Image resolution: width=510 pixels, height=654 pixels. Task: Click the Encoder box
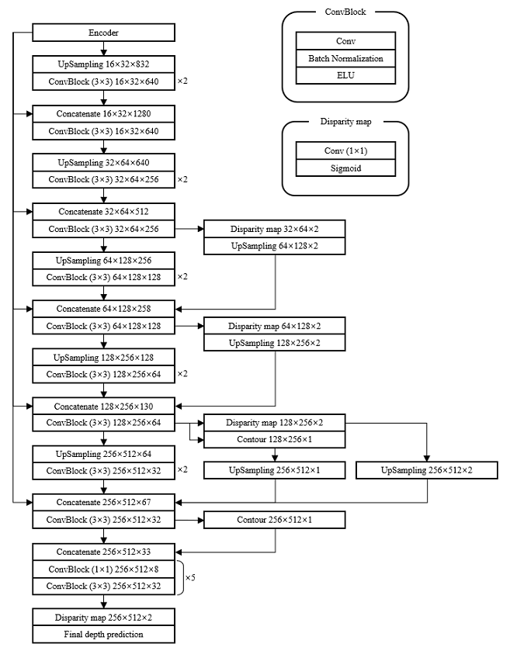[103, 33]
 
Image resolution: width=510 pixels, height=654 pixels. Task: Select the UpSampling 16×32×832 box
[103, 64]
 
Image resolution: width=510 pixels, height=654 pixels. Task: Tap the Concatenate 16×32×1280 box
[103, 114]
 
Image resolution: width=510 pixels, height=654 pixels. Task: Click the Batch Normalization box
[346, 58]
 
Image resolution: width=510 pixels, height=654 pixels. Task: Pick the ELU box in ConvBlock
[346, 75]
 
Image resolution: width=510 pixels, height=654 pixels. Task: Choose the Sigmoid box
[346, 168]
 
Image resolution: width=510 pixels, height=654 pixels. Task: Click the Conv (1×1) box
[346, 151]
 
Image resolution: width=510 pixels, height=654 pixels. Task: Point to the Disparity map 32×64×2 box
[274, 230]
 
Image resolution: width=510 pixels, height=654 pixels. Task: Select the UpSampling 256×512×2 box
[426, 470]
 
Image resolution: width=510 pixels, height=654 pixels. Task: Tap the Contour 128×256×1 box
[274, 440]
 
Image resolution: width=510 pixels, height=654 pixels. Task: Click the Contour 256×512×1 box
[274, 520]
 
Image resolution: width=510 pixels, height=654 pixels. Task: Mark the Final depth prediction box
[103, 635]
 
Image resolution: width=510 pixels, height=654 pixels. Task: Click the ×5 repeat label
[190, 578]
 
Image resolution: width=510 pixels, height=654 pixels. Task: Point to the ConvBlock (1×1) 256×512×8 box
[103, 569]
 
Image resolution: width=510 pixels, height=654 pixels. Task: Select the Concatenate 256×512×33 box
[103, 552]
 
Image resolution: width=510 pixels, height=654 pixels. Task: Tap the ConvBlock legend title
[345, 12]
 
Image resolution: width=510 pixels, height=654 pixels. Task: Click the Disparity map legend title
[345, 122]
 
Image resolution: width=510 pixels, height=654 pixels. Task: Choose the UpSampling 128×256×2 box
[274, 343]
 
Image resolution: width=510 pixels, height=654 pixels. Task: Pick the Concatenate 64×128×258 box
[103, 309]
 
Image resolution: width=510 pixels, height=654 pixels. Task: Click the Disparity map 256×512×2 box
[103, 618]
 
